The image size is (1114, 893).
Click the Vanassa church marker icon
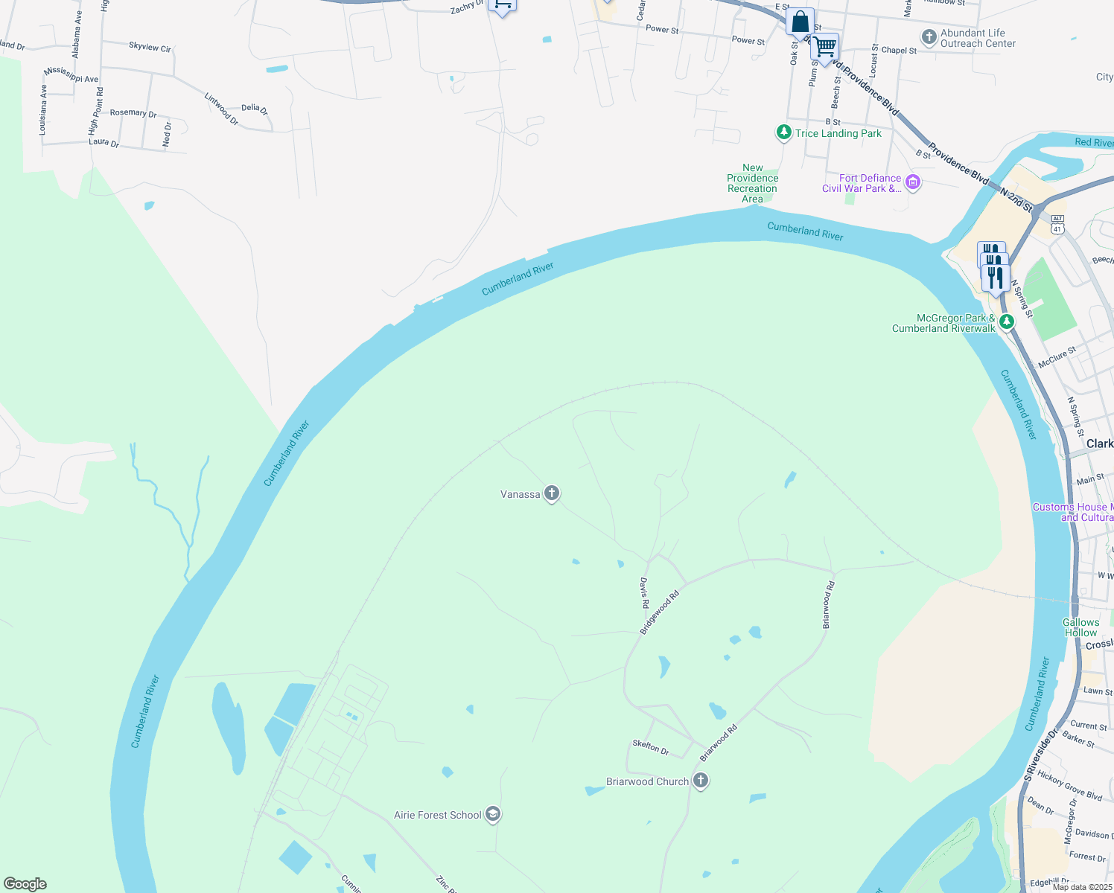(551, 493)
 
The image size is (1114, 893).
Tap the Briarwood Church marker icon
(700, 780)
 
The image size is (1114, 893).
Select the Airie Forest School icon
(492, 814)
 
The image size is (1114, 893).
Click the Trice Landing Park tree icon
(783, 132)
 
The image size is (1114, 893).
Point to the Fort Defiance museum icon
(913, 182)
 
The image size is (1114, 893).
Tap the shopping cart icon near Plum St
(824, 48)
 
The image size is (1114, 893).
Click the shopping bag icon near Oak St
(800, 22)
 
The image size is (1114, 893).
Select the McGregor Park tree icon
(1006, 321)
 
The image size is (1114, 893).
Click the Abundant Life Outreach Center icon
(929, 36)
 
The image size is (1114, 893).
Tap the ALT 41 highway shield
(1057, 224)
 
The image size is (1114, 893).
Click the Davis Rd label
(645, 594)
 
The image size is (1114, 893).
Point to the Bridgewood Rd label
(660, 612)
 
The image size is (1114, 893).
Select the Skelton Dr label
(651, 746)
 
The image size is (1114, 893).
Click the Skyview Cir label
(150, 47)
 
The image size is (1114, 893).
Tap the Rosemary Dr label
(133, 113)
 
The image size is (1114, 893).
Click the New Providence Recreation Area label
(752, 183)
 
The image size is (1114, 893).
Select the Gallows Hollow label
(1080, 627)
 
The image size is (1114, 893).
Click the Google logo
(25, 883)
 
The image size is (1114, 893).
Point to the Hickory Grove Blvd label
(1069, 786)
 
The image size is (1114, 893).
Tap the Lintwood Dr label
(221, 109)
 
